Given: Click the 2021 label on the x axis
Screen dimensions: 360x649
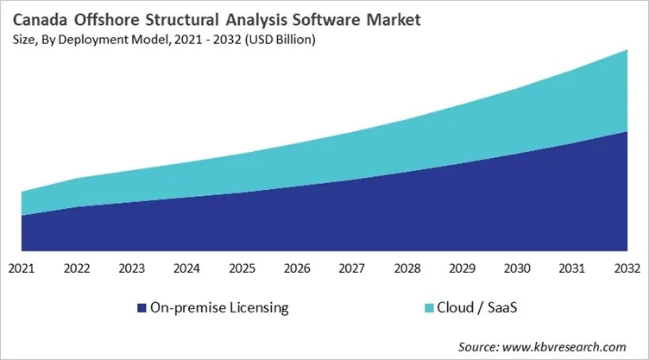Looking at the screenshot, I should (x=22, y=268).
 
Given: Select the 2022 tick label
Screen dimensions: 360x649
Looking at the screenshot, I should (x=77, y=268).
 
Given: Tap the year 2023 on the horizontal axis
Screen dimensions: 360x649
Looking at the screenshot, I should (x=132, y=268).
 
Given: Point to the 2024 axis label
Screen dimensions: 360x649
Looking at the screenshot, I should (x=187, y=268).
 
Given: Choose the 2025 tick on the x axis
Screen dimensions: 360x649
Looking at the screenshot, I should (x=243, y=268).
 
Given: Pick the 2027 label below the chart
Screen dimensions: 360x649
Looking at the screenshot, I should (x=352, y=268).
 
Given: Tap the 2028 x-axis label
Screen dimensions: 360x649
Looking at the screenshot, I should (x=407, y=268).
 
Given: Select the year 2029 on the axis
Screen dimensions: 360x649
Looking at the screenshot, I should (x=463, y=268).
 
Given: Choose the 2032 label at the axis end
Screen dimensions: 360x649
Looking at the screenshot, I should (x=627, y=268).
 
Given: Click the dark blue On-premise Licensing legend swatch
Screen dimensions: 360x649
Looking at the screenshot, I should (x=142, y=307).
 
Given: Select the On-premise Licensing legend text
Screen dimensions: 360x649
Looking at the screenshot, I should (x=219, y=307).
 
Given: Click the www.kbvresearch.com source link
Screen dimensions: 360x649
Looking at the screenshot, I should (x=565, y=346).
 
